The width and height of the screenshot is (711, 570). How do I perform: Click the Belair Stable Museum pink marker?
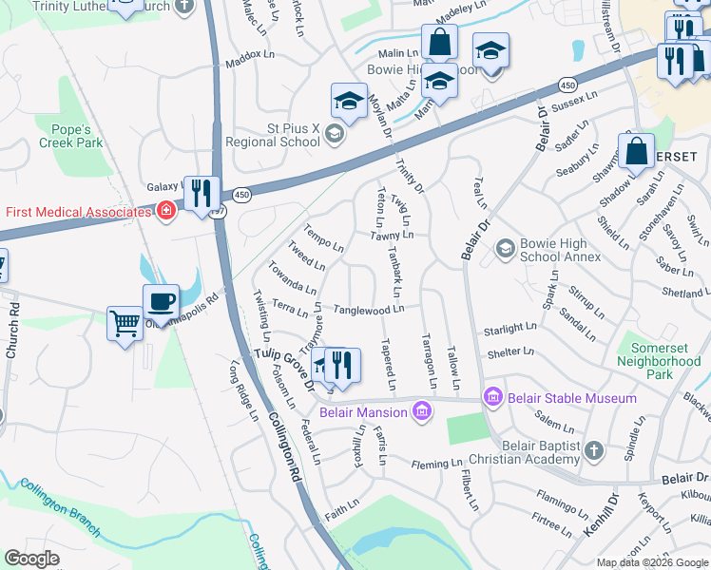pos(491,396)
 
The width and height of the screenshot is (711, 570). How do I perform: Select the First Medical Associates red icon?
pos(166,210)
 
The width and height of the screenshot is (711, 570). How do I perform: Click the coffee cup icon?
pos(161,302)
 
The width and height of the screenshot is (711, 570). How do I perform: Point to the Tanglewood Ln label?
pos(369,310)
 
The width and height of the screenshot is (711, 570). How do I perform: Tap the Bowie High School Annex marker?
pos(504,249)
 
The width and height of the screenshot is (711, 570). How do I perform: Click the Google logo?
pos(32,559)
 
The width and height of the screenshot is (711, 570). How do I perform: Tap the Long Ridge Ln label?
pos(243,389)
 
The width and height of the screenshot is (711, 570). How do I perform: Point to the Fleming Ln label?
pos(436,465)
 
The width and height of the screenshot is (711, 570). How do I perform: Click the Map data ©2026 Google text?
pos(651,562)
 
